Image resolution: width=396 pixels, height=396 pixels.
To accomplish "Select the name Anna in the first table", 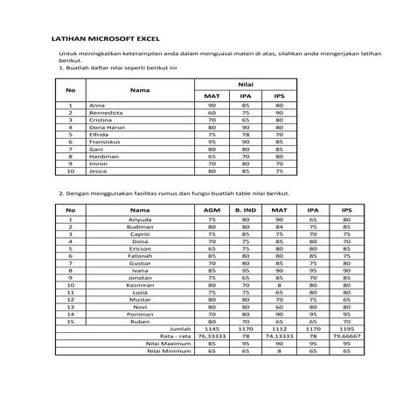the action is click(x=96, y=105).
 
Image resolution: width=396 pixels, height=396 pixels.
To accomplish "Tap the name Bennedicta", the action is click(x=105, y=112).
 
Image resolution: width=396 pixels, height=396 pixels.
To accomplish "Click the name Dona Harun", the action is click(x=105, y=126).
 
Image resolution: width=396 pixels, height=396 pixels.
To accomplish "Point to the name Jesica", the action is click(x=99, y=170).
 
